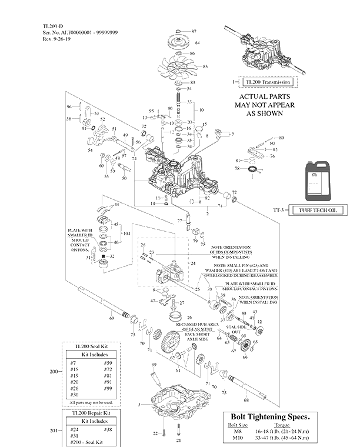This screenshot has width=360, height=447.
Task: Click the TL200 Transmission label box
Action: click(269, 82)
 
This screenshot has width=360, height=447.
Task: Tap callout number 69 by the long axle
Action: click(111, 318)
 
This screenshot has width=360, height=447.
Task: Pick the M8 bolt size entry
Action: click(238, 432)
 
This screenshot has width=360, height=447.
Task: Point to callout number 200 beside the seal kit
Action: click(54, 372)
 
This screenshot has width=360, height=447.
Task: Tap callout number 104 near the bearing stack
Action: click(126, 233)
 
